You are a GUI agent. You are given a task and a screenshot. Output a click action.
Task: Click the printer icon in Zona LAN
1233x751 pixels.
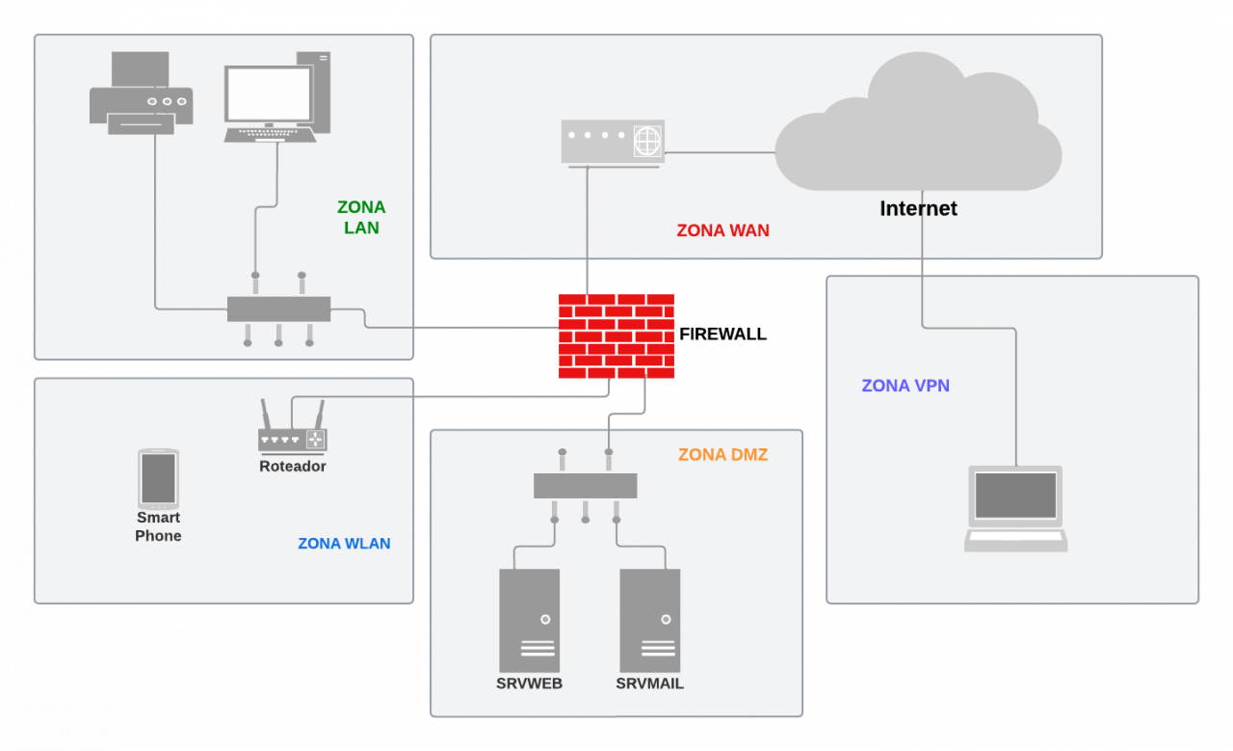(x=141, y=94)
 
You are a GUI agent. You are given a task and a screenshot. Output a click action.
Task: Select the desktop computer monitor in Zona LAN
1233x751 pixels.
(x=269, y=94)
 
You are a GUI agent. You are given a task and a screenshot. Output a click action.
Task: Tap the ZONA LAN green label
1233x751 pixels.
(x=361, y=218)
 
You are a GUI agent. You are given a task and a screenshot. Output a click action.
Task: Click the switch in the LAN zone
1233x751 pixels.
(x=278, y=308)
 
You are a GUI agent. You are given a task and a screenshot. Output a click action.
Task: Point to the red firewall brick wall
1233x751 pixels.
(x=616, y=335)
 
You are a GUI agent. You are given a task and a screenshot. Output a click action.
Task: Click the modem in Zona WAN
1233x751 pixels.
(x=613, y=142)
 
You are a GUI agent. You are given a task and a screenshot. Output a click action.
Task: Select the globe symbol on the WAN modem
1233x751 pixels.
(x=647, y=142)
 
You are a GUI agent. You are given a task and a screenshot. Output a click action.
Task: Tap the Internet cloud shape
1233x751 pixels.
(x=918, y=125)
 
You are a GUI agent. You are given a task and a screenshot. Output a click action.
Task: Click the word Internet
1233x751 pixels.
(x=918, y=208)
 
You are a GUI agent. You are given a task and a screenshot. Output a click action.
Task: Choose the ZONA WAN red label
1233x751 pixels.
(x=722, y=231)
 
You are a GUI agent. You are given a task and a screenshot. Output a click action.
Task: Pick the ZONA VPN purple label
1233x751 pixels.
(x=905, y=386)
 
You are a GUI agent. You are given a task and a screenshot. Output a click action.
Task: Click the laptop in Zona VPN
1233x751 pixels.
(x=1015, y=508)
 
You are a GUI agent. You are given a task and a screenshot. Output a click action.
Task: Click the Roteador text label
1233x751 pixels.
(x=293, y=467)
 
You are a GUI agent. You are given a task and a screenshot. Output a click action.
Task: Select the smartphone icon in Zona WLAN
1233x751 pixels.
(x=158, y=479)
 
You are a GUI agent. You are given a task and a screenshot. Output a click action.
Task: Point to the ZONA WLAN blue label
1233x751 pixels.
(x=344, y=544)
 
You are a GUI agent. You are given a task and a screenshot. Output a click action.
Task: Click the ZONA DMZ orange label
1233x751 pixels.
(x=722, y=455)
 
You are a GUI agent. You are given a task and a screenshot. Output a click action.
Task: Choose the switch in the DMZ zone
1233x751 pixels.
(x=585, y=486)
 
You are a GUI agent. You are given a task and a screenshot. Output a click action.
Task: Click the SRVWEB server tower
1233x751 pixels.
(x=529, y=620)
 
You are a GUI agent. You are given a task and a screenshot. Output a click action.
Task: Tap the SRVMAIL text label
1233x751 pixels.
(x=649, y=684)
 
